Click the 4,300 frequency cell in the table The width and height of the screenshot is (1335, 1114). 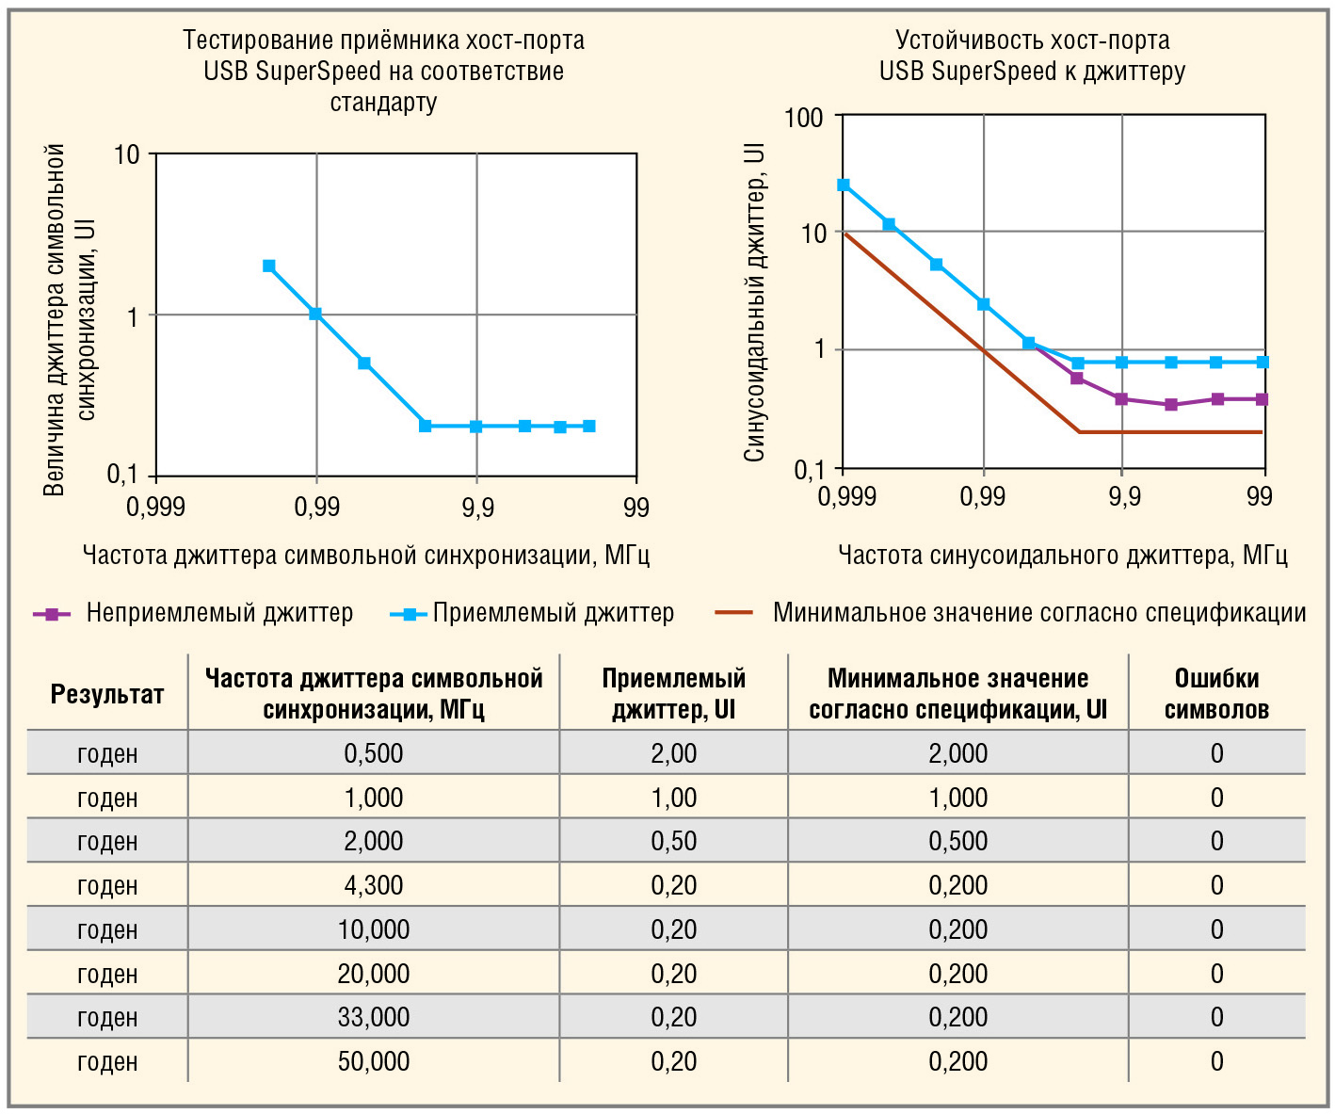(x=374, y=885)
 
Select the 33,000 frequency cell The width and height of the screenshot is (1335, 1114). (x=374, y=1017)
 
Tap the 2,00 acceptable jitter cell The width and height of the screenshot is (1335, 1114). (x=674, y=753)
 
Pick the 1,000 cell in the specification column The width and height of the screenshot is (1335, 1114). (x=957, y=798)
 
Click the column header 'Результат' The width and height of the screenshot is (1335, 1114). (x=107, y=695)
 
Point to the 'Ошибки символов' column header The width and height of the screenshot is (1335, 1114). (x=1216, y=694)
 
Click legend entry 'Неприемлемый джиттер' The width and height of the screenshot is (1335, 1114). (x=219, y=613)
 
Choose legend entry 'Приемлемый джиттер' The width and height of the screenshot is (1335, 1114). (x=554, y=613)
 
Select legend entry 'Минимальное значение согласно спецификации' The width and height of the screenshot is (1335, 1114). (x=1039, y=613)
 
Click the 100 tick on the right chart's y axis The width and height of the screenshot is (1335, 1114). (x=803, y=118)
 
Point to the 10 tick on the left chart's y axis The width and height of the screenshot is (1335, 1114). (x=126, y=154)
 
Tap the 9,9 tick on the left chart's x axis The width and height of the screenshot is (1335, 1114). (x=477, y=508)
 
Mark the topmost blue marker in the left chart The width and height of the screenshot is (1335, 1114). (x=269, y=266)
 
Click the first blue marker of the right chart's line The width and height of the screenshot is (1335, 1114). (x=844, y=186)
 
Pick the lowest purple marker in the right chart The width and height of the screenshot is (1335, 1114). (x=1170, y=405)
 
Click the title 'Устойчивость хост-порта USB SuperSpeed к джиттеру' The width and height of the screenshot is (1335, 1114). (x=1032, y=56)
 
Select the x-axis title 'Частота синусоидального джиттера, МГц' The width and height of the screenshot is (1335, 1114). (x=1062, y=556)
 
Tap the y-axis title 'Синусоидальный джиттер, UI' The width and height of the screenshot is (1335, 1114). (x=754, y=303)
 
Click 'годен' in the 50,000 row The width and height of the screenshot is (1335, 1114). (x=107, y=1061)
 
